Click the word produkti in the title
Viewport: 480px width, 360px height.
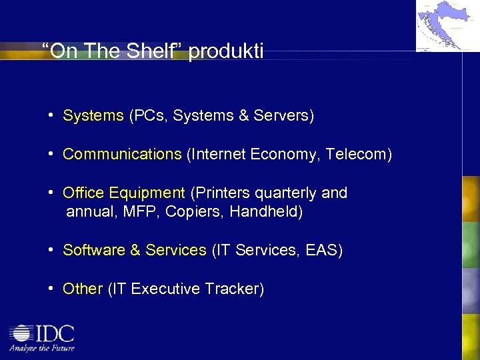(226, 51)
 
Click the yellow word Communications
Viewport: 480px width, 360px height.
(122, 155)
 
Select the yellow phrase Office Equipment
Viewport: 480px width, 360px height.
(123, 193)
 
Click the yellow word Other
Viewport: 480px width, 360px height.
(83, 289)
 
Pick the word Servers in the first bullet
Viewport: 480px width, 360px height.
(285, 116)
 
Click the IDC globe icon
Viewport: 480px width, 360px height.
(22, 333)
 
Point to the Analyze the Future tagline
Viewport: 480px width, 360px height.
(41, 348)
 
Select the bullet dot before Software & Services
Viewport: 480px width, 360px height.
(51, 251)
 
